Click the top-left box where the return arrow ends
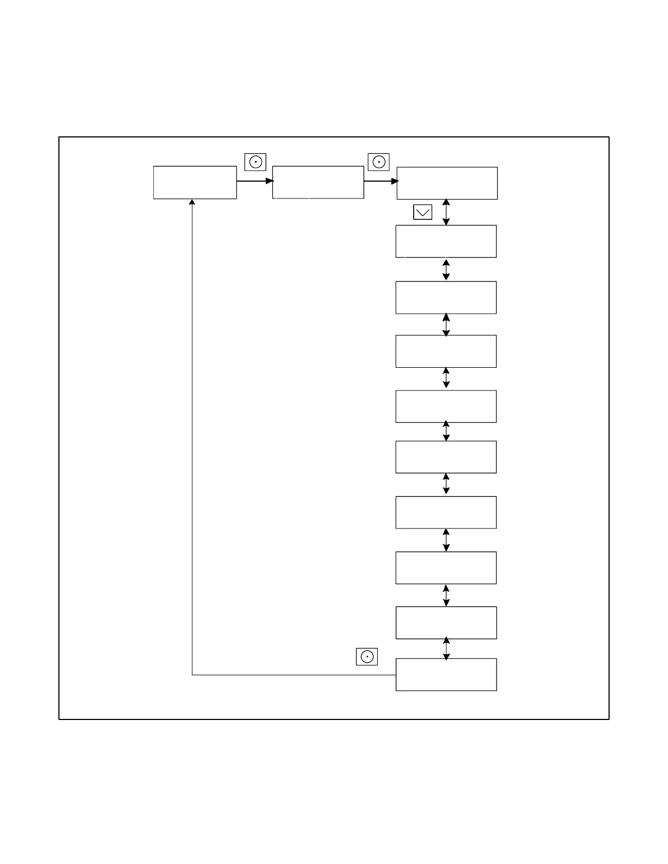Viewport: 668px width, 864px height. pyautogui.click(x=195, y=182)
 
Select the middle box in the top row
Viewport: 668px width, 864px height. pyautogui.click(x=318, y=182)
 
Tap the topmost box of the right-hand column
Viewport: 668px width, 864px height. pyautogui.click(x=447, y=183)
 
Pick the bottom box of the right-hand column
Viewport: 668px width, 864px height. pyautogui.click(x=446, y=675)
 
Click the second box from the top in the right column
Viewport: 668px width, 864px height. pyautogui.click(x=446, y=241)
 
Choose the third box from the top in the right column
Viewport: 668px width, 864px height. pyautogui.click(x=446, y=298)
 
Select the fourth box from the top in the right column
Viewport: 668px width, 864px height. pyautogui.click(x=446, y=351)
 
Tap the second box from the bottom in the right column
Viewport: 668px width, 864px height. pyautogui.click(x=446, y=623)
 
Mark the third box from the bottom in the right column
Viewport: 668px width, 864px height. pyautogui.click(x=446, y=568)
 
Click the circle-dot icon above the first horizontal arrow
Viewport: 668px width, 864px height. pyautogui.click(x=255, y=162)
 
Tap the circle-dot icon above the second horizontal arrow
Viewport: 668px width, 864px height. pyautogui.click(x=379, y=162)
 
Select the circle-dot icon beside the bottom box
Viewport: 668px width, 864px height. pyautogui.click(x=367, y=657)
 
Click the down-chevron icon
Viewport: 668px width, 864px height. pyautogui.click(x=423, y=212)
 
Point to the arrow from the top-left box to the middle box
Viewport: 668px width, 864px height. pyautogui.click(x=254, y=181)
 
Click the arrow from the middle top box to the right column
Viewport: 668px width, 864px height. pyautogui.click(x=380, y=181)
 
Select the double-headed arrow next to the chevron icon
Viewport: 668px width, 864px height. pyautogui.click(x=446, y=212)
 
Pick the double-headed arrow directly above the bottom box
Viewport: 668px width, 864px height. pyautogui.click(x=446, y=649)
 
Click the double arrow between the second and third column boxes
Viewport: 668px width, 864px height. pyautogui.click(x=446, y=269)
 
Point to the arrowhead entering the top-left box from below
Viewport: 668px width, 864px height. pyautogui.click(x=192, y=202)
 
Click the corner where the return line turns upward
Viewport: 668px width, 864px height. pyautogui.click(x=192, y=675)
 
